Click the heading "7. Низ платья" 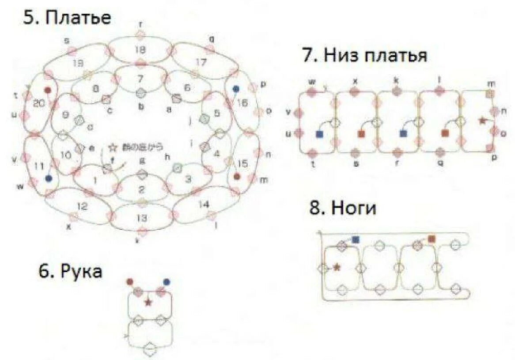point(364,56)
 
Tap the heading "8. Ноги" point(343,208)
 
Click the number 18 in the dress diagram point(140,49)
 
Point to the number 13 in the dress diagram point(141,217)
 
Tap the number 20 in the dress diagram point(39,103)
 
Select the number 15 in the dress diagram point(242,164)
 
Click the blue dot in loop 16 point(236,89)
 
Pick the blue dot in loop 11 point(49,178)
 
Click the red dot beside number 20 point(48,90)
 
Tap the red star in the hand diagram point(148,302)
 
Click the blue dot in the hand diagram point(167,282)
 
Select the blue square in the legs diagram point(356,239)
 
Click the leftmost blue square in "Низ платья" point(319,133)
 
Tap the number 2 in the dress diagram point(141,190)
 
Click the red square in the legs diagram point(432,239)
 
